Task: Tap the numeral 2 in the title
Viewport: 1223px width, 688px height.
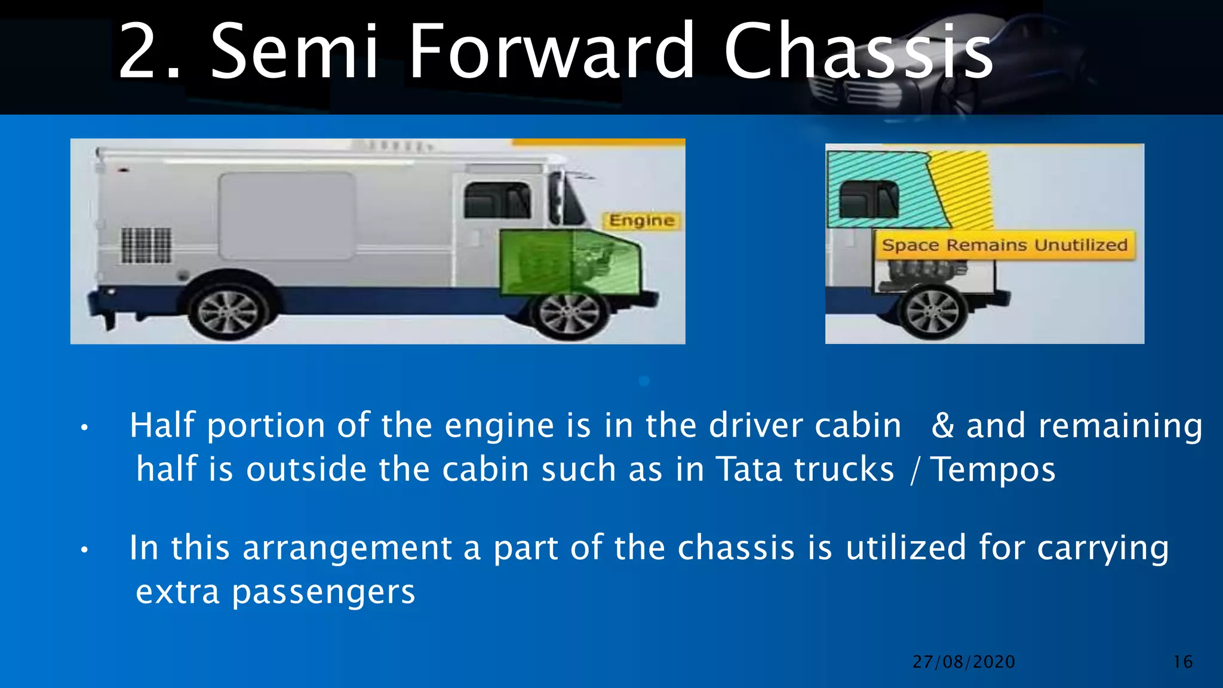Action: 141,52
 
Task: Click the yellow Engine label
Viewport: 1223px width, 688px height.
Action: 641,221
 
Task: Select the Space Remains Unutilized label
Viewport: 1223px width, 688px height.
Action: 1004,245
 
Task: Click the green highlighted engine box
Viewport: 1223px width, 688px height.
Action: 569,263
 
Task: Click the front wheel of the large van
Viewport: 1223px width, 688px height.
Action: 569,313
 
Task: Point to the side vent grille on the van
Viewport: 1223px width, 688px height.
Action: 146,245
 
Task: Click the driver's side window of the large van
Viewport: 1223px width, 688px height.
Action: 497,200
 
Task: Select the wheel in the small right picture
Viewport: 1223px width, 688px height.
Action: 932,312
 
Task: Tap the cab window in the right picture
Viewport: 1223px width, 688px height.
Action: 869,199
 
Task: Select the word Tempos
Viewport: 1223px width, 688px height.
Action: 993,470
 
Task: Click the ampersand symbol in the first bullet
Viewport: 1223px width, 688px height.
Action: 942,426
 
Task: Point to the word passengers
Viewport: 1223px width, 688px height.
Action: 323,592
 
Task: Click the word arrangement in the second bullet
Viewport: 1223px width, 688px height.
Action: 347,548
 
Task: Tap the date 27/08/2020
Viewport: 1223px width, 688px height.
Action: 963,662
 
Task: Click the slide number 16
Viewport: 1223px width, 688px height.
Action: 1182,662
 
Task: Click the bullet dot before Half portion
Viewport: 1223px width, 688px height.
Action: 85,428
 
